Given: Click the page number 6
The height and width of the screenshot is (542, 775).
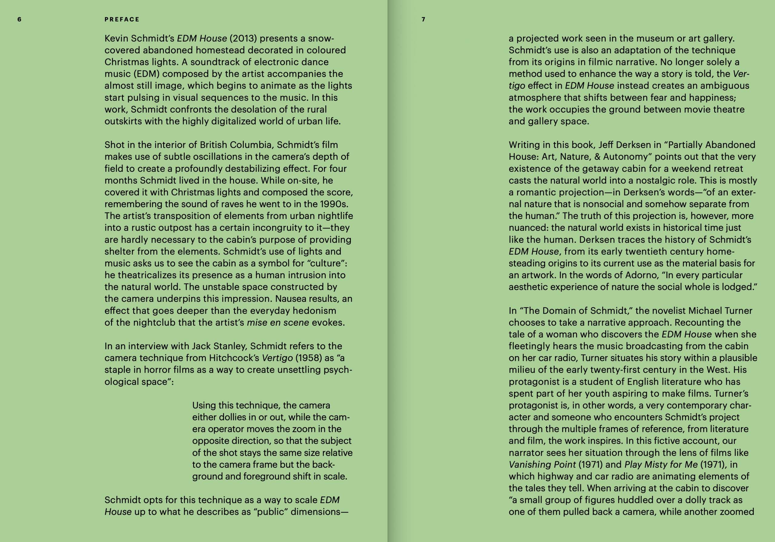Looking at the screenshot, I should click(19, 20).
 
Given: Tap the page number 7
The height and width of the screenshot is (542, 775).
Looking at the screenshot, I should click(423, 20).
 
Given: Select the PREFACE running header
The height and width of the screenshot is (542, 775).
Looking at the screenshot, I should click(122, 20).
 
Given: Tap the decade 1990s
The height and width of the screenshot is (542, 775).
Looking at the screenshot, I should click(334, 204).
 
